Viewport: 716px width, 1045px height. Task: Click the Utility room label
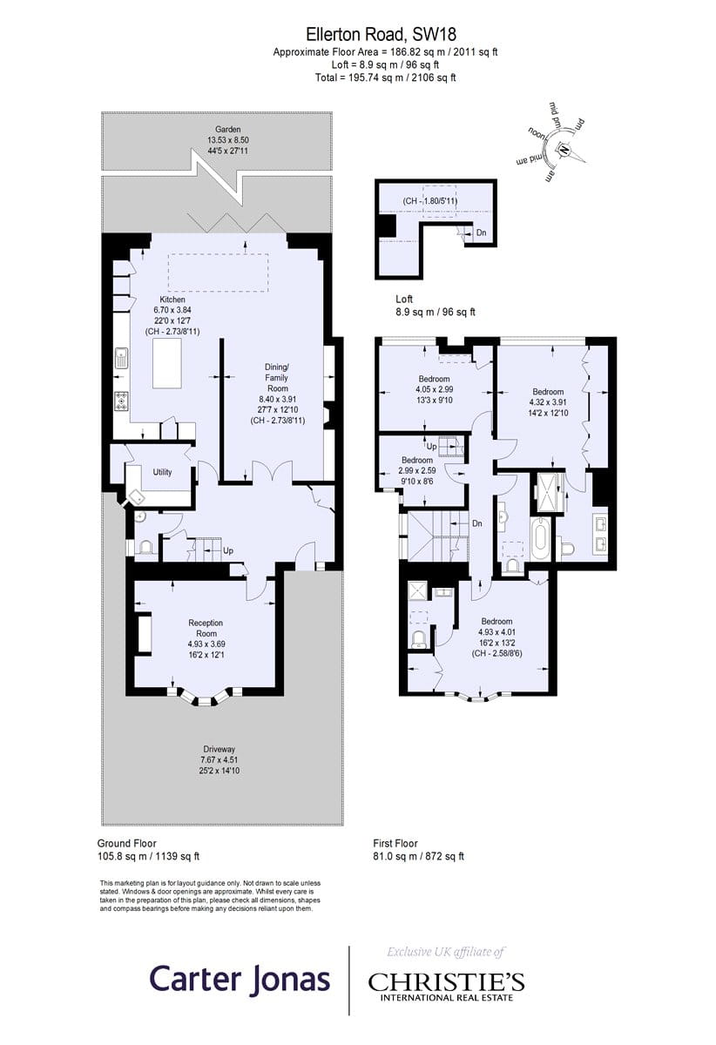[162, 472]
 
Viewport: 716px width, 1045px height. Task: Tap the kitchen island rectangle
[167, 363]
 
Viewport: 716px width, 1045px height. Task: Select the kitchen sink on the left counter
[121, 358]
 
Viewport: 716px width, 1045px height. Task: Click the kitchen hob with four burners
[121, 401]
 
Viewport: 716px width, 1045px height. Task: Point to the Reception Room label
[206, 628]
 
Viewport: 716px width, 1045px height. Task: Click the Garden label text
[227, 129]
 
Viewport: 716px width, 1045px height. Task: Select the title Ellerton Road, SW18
[381, 35]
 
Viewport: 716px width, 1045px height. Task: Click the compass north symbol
[564, 150]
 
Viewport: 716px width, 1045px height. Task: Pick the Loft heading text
[404, 299]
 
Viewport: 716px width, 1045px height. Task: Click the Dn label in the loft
[481, 233]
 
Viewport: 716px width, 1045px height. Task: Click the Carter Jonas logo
[240, 979]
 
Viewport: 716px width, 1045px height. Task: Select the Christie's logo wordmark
[446, 982]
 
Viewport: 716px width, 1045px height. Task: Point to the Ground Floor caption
[126, 844]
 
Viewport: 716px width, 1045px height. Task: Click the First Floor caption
[395, 844]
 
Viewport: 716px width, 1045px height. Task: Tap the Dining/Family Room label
[277, 377]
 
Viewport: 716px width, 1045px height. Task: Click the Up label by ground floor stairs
[227, 551]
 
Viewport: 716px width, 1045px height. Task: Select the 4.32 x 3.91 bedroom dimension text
[548, 402]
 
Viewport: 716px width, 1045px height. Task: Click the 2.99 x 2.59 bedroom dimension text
[417, 471]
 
